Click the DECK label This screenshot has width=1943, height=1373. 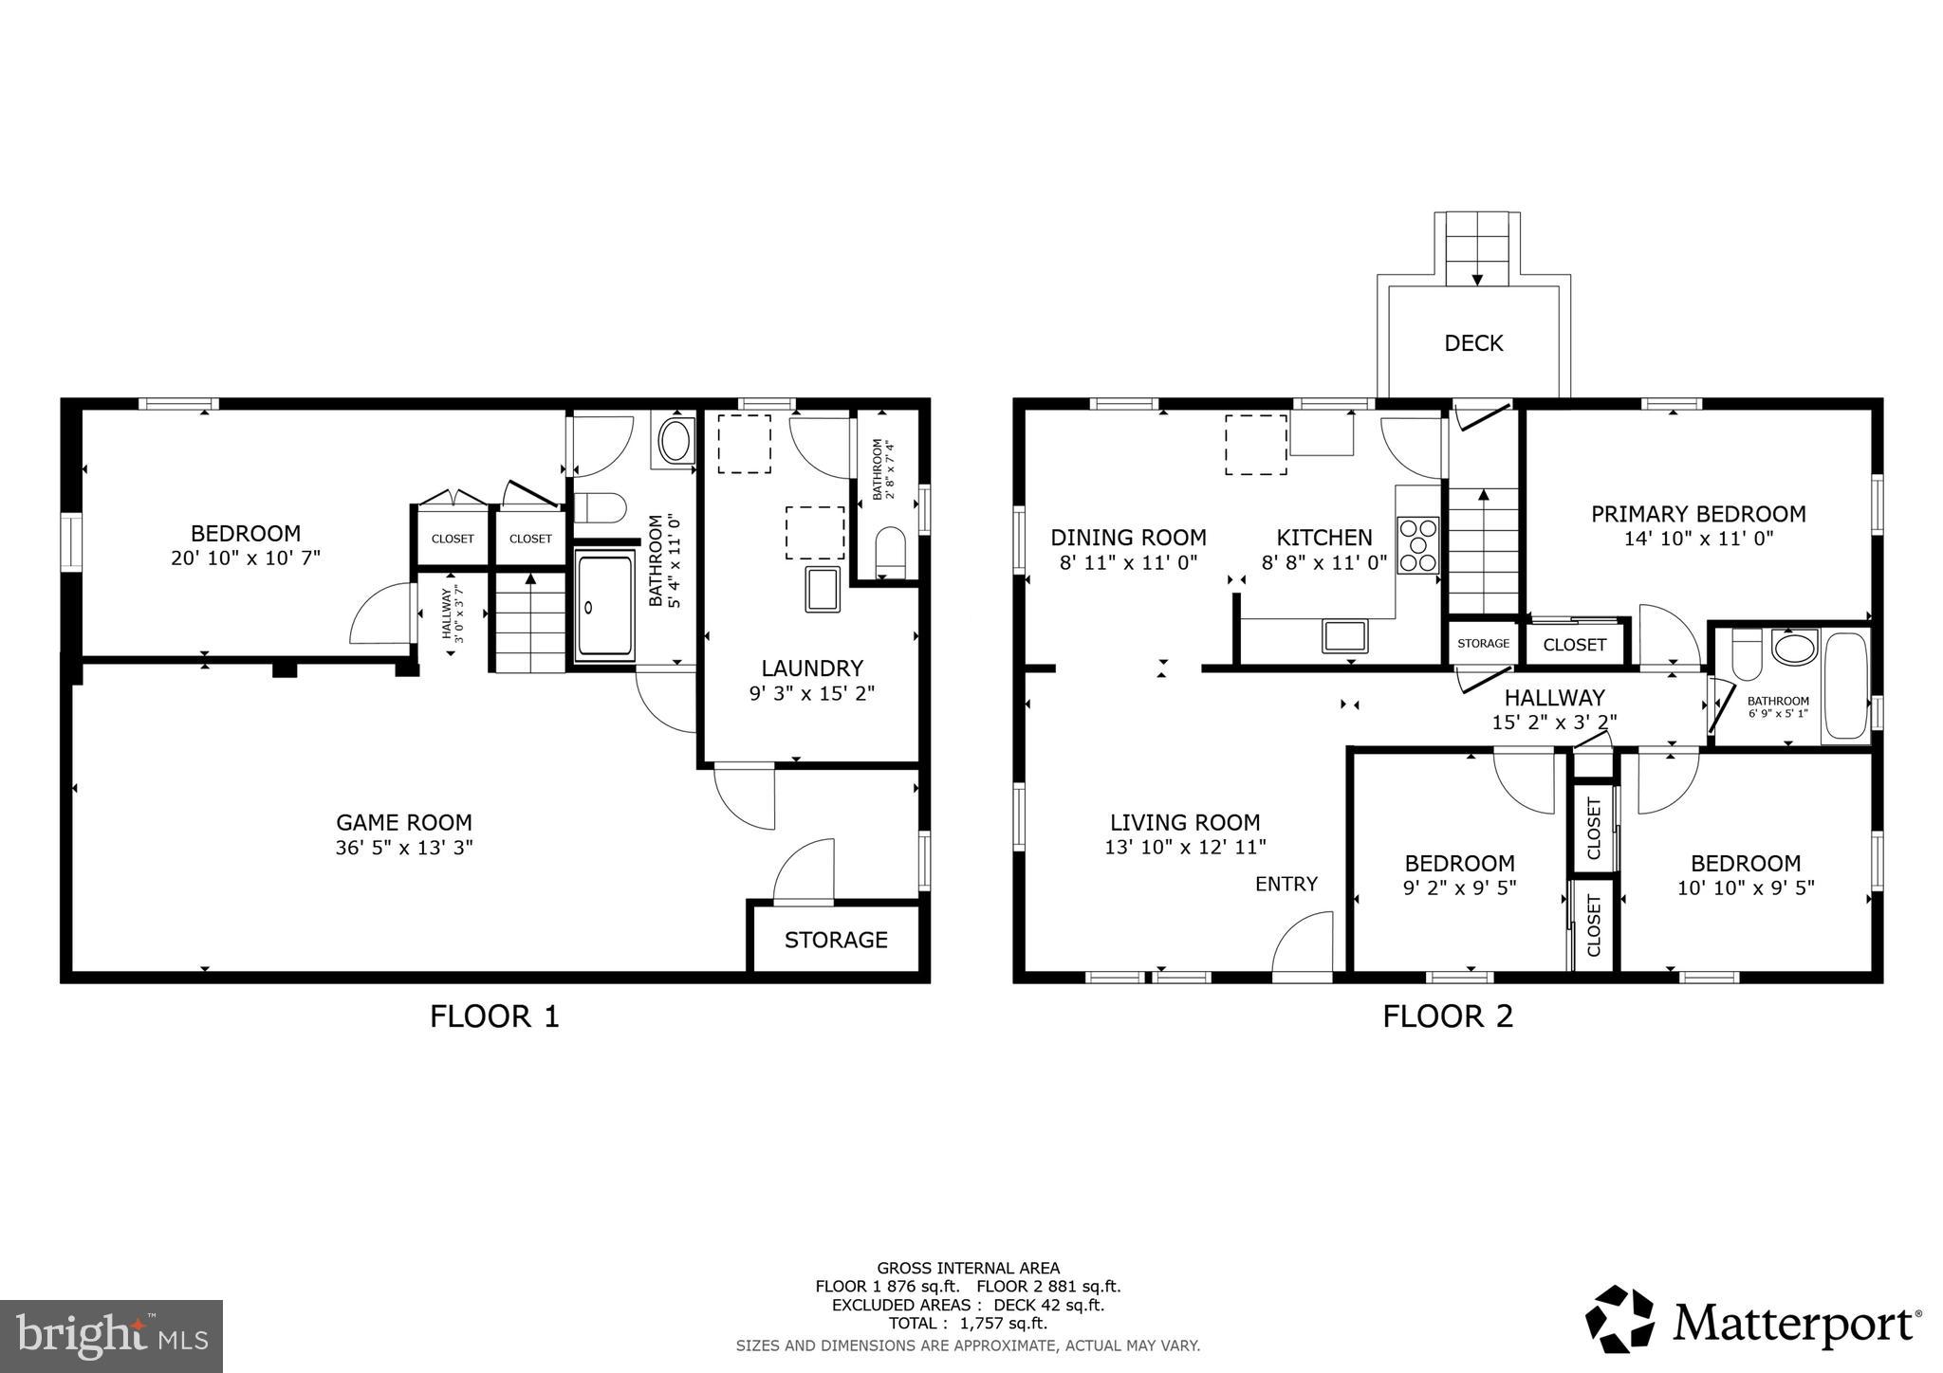[x=1473, y=343]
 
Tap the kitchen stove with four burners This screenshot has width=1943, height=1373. [x=1417, y=545]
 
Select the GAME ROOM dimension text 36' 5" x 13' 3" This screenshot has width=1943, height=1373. [x=403, y=848]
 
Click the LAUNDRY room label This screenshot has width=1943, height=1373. [x=811, y=668]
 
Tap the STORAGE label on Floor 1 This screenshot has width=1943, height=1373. [x=836, y=940]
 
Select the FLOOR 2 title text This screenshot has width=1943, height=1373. [x=1447, y=1016]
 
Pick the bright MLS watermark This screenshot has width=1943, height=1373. [x=111, y=1336]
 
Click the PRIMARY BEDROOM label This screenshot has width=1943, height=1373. [x=1698, y=514]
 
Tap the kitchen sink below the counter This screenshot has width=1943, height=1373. [x=1344, y=635]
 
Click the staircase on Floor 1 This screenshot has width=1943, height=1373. [x=529, y=621]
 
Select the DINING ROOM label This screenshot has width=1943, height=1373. [x=1128, y=538]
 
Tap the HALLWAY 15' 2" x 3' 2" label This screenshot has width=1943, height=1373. [x=1554, y=709]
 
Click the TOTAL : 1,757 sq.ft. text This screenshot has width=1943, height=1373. [x=968, y=1323]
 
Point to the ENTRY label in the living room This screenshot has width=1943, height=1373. [x=1286, y=884]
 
